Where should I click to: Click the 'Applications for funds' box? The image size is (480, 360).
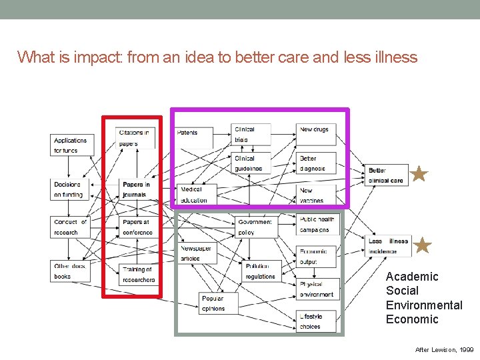(73, 145)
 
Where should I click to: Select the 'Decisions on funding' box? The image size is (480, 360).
(71, 189)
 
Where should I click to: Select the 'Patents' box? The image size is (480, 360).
(194, 137)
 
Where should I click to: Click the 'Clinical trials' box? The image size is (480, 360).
(251, 134)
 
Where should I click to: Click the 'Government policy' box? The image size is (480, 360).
(254, 227)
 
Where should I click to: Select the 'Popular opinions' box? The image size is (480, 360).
(217, 303)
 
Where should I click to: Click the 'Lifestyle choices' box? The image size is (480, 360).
(317, 321)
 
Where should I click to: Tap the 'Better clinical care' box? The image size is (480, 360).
(387, 175)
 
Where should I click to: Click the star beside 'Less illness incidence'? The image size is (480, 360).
(423, 246)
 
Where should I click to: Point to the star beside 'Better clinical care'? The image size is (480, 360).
(419, 175)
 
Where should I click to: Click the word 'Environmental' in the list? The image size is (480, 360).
(424, 305)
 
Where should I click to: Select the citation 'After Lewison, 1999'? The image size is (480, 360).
(444, 349)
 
